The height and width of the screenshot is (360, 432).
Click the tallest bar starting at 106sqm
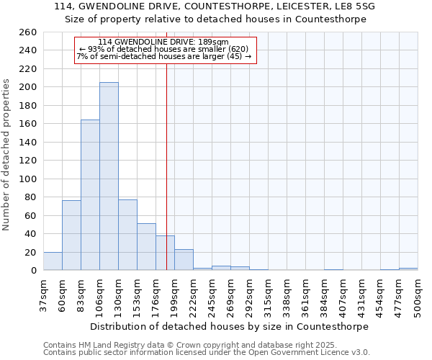pyautogui.click(x=109, y=176)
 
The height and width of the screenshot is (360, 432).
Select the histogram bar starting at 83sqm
pyautogui.click(x=90, y=194)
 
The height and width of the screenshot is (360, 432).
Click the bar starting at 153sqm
pyautogui.click(x=146, y=247)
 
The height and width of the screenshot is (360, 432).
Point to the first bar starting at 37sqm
pyautogui.click(x=53, y=261)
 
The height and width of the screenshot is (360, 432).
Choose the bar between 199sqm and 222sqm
pyautogui.click(x=184, y=260)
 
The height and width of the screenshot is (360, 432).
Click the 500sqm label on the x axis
pyautogui.click(x=418, y=295)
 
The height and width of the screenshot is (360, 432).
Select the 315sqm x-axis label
pyautogui.click(x=269, y=295)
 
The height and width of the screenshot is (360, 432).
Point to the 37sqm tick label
pyautogui.click(x=44, y=295)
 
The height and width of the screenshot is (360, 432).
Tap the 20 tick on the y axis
pyautogui.click(x=30, y=253)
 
